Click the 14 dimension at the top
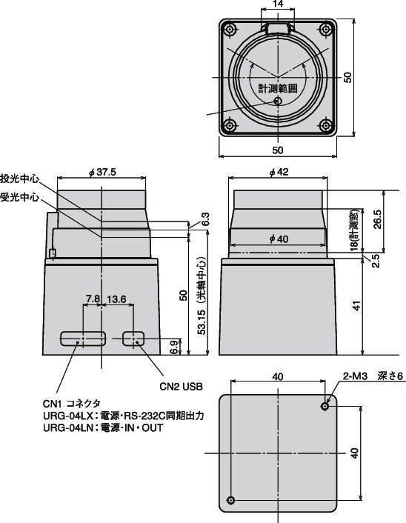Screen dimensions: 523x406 point(277,5)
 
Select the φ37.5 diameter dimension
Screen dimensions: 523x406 point(102,172)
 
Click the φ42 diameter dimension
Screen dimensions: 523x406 point(278,172)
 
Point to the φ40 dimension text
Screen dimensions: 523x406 point(278,238)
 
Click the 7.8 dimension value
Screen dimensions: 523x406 point(93,299)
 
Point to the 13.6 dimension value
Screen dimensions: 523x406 point(117,299)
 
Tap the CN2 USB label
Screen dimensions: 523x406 point(182,386)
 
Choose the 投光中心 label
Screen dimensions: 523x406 point(20,179)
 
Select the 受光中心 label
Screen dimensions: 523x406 point(20,198)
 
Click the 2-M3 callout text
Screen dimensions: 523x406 point(355,376)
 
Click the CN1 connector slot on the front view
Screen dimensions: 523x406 point(84,339)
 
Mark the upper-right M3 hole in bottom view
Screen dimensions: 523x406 point(325,406)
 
